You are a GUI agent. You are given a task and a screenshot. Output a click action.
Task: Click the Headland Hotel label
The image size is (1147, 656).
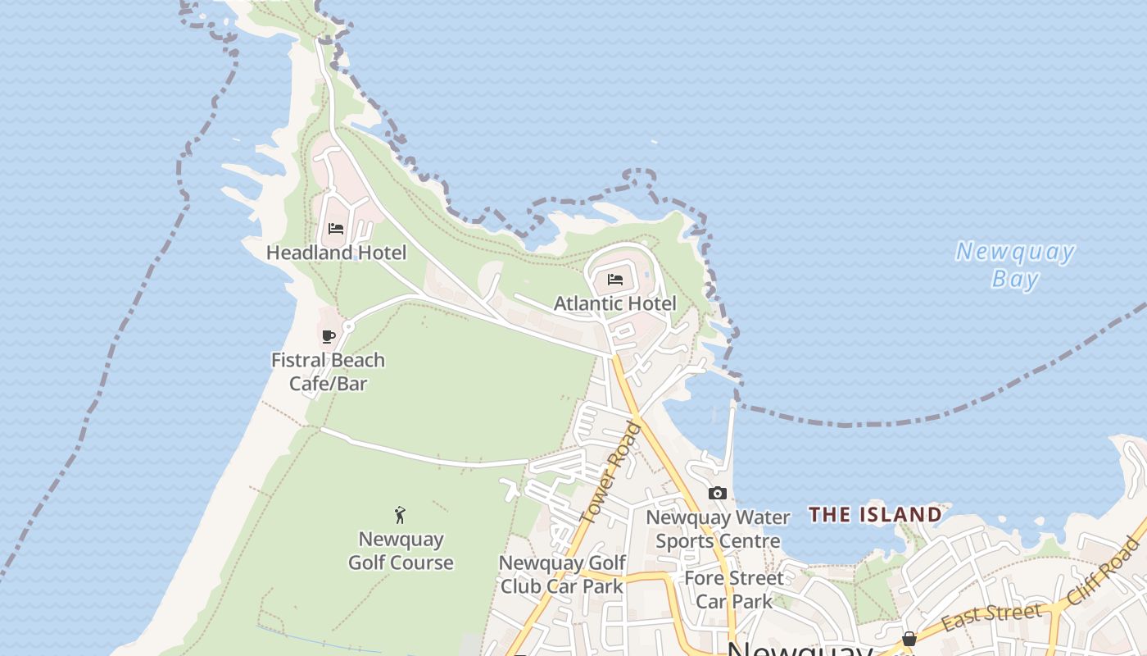coord(336,253)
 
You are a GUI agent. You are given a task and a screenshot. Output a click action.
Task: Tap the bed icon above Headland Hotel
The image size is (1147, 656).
coord(335,229)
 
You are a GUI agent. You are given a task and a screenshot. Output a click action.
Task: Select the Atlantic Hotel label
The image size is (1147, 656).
coord(615,303)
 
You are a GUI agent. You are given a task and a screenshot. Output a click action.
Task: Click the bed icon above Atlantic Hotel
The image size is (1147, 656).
coord(615,280)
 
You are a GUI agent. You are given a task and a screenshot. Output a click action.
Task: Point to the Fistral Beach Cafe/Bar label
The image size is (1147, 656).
coord(328,371)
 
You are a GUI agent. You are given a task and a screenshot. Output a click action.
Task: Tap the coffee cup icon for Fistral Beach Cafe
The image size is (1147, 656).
coord(328,336)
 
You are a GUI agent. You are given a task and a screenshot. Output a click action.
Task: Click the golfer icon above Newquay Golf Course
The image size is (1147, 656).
coord(400,515)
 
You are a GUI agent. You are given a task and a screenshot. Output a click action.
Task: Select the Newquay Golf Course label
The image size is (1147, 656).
coord(401,551)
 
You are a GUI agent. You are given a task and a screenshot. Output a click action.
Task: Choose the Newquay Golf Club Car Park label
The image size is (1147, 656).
coord(562,575)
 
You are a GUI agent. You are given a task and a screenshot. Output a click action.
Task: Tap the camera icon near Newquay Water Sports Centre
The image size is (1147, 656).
coord(718,493)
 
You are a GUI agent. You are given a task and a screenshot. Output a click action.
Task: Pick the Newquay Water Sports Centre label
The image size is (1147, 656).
coord(718,529)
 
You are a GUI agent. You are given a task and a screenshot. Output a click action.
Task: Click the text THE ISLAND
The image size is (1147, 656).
coord(875,515)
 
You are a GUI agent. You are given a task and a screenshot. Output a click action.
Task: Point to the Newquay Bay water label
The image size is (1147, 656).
coord(1015,265)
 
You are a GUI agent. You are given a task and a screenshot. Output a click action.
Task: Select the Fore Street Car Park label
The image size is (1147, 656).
coord(733,590)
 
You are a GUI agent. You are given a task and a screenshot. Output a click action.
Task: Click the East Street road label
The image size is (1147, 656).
coord(991,617)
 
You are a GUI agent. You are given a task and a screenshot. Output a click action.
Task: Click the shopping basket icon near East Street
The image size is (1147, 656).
coord(909,639)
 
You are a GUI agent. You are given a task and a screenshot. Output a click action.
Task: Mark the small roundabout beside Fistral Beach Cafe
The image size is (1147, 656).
coord(348,326)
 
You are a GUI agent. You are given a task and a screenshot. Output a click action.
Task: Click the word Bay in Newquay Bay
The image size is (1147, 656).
coord(1015,279)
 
